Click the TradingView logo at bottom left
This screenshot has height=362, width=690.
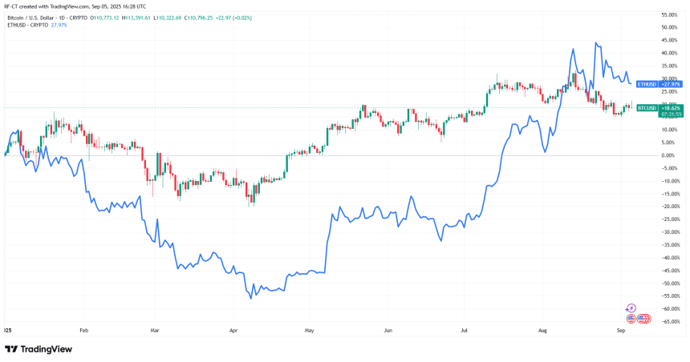(x=39, y=349)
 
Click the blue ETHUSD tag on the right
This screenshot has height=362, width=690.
(x=646, y=83)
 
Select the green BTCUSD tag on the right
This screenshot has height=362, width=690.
(x=647, y=107)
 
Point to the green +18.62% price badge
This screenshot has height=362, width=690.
(x=672, y=107)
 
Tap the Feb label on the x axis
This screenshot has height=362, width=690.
(x=83, y=329)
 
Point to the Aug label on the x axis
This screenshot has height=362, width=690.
(x=542, y=329)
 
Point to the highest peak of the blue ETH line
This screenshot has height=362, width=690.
(x=595, y=43)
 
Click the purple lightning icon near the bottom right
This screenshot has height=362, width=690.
(x=631, y=308)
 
